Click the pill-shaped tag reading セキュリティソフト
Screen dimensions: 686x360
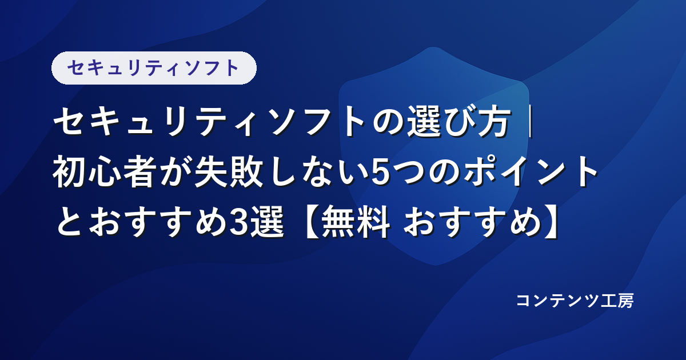click(x=154, y=68)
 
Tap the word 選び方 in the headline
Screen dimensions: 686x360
click(x=458, y=121)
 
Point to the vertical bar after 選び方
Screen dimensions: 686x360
click(x=531, y=121)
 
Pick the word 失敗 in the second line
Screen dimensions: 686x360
click(x=229, y=171)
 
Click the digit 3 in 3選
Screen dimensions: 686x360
click(x=241, y=223)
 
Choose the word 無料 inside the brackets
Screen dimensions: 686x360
click(x=356, y=222)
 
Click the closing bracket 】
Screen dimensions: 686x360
click(x=552, y=222)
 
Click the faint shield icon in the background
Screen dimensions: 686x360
click(x=434, y=156)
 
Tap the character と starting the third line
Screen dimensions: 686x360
click(x=70, y=222)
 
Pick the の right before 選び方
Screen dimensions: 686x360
click(x=388, y=122)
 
